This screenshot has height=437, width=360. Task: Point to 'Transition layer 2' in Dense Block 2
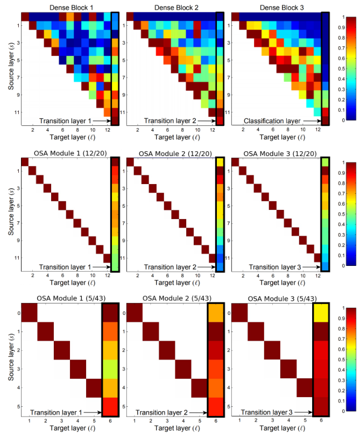coord(163,121)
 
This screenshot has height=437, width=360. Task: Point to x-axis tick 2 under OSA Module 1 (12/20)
coord(32,276)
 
